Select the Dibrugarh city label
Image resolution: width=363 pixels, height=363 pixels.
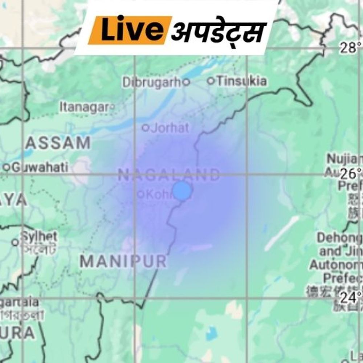(151, 82)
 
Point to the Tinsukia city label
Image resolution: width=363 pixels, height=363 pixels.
(241, 81)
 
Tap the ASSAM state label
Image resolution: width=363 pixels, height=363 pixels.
(58, 143)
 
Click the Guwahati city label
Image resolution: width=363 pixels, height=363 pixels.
(40, 167)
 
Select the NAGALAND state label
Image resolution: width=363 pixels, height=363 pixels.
(169, 176)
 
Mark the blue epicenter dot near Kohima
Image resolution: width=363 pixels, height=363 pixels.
(181, 191)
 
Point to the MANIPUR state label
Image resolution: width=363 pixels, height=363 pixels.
(123, 261)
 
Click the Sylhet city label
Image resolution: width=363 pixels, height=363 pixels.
(38, 236)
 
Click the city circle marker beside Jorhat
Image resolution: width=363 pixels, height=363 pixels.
(146, 128)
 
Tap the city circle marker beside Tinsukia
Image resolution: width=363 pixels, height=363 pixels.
(211, 81)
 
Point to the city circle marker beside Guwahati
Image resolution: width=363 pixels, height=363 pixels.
(6, 167)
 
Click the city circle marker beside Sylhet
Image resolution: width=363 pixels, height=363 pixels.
(15, 242)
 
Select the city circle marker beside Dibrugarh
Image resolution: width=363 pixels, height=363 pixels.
(186, 82)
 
